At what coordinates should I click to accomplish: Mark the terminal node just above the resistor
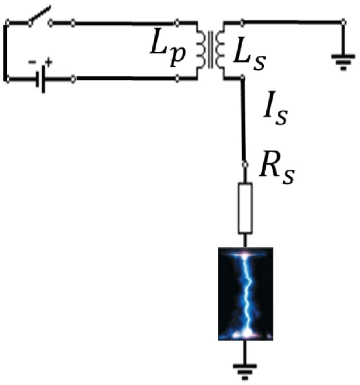click(x=244, y=163)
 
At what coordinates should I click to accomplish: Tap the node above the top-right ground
click(x=344, y=23)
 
